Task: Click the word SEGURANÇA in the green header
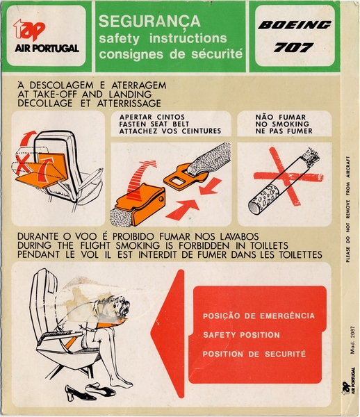point(149,22)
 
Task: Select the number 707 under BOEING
point(293,48)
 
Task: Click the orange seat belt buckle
point(143,204)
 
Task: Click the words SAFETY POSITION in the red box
point(240,335)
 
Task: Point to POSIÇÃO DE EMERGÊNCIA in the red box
point(257,316)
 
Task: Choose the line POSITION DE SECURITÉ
point(253,354)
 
